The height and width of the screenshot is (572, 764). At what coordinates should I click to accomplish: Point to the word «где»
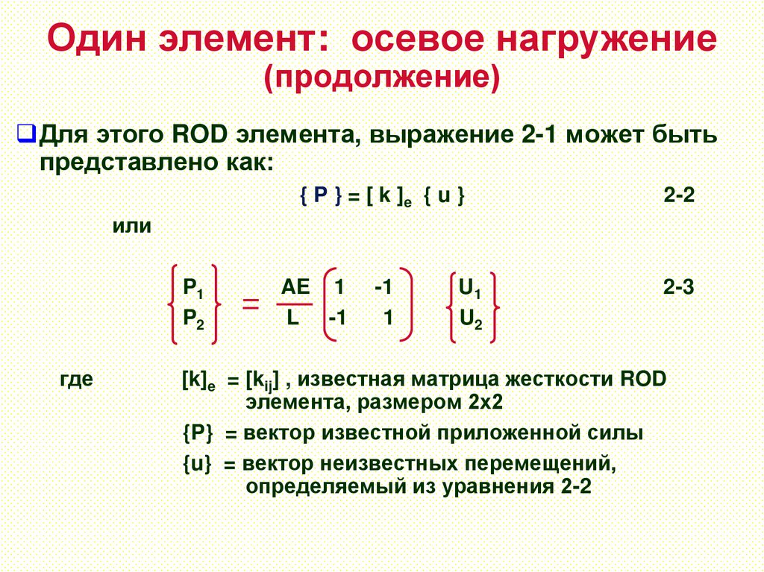click(x=76, y=379)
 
